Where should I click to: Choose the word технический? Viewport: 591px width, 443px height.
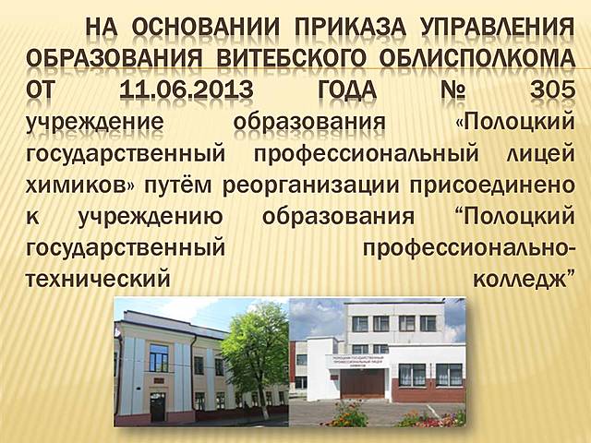click(x=101, y=277)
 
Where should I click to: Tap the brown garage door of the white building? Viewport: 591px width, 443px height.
click(x=363, y=382)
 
